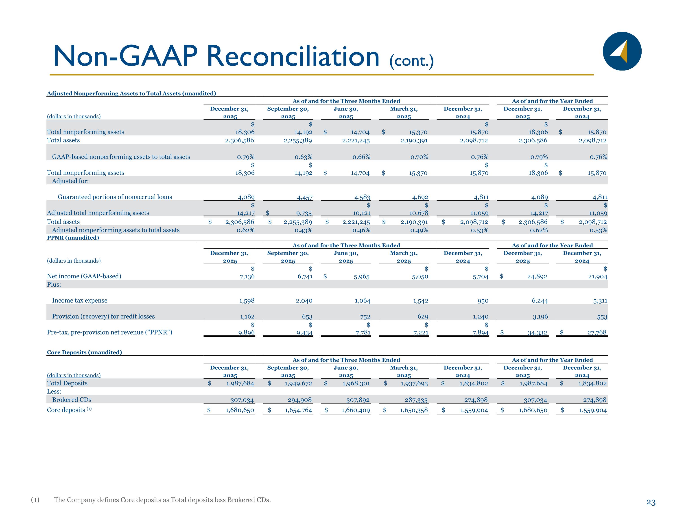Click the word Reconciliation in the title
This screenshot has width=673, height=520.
[293, 56]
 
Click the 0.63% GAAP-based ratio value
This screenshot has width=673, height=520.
[304, 157]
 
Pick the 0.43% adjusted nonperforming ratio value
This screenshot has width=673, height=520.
[304, 230]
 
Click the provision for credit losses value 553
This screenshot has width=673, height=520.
[602, 317]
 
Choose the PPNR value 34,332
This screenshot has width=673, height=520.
[537, 333]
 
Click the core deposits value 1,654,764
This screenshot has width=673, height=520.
[298, 410]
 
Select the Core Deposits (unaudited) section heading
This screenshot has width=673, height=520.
[84, 352]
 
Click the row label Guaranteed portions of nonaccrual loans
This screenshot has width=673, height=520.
[115, 197]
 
